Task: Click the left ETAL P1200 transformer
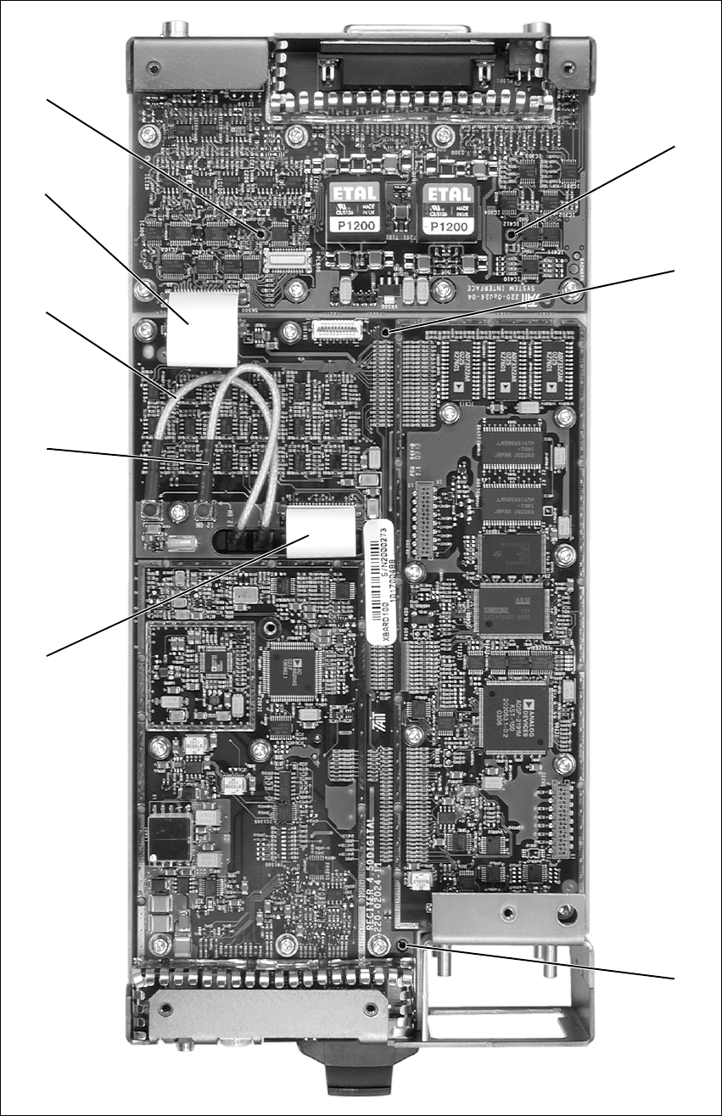pyautogui.click(x=357, y=211)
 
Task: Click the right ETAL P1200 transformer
pyautogui.click(x=449, y=211)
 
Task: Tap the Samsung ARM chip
pyautogui.click(x=511, y=611)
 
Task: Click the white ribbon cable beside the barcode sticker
pyautogui.click(x=319, y=532)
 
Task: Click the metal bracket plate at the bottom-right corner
pyautogui.click(x=507, y=912)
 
